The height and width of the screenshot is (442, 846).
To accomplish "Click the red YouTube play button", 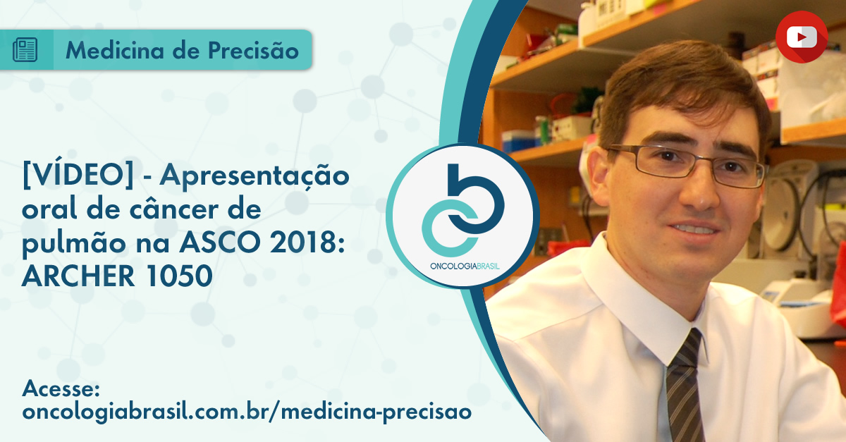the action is tap(802, 37).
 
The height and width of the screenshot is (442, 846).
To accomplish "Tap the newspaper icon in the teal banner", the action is tap(25, 49).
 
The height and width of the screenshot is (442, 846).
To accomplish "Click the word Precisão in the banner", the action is tap(253, 51).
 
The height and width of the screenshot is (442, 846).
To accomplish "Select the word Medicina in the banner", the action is tap(115, 50).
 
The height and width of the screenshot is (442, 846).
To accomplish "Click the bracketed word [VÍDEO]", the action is tap(78, 175).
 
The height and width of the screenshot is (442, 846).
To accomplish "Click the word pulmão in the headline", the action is tap(73, 243).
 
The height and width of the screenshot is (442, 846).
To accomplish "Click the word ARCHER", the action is tap(78, 276).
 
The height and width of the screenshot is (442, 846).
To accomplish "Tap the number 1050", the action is tap(178, 276).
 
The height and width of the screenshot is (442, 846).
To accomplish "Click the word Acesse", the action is tap(61, 388).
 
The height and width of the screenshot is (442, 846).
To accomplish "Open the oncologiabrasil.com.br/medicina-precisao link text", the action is tap(247, 412).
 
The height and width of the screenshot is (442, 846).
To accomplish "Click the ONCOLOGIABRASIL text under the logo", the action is tap(465, 266).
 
